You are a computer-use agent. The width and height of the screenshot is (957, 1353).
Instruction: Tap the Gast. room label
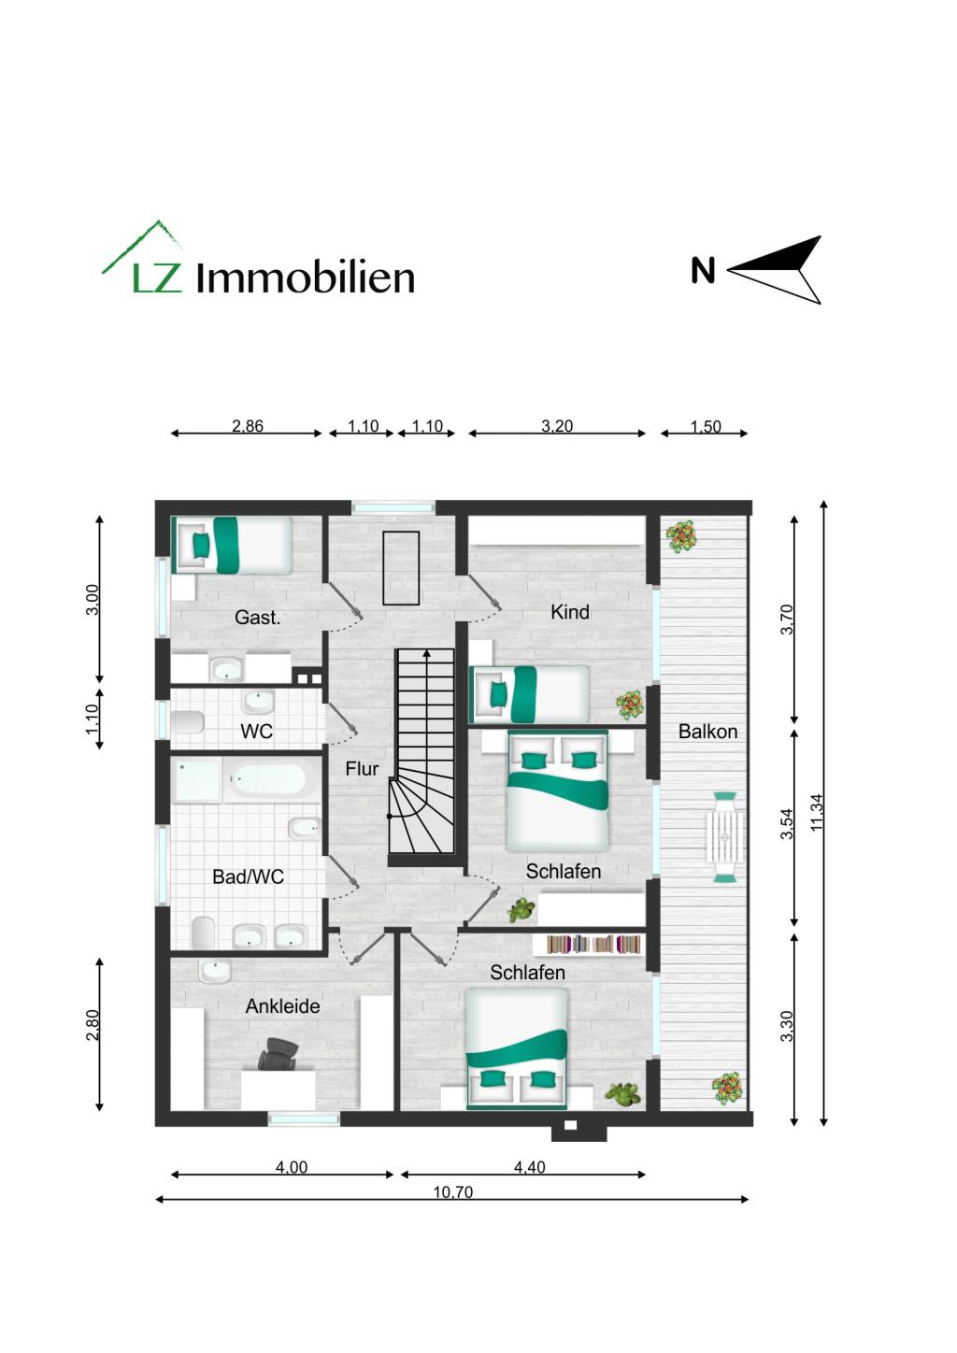click(257, 618)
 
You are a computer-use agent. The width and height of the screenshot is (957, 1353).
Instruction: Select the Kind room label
click(569, 612)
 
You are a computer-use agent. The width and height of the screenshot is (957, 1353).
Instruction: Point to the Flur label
click(362, 769)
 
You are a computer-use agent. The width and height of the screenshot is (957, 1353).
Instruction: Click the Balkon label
click(707, 732)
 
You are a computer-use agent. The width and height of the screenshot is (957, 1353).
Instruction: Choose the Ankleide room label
click(282, 1006)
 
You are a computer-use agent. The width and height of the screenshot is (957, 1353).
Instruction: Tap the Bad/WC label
click(248, 877)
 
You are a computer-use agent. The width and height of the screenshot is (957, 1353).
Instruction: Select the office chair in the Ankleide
click(279, 1055)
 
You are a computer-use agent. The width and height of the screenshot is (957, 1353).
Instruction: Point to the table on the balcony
click(725, 837)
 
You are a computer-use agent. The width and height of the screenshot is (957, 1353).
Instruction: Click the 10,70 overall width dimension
click(452, 1192)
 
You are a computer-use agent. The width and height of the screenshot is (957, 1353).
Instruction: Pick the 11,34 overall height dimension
click(817, 811)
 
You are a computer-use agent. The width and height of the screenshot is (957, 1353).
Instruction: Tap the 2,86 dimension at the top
click(248, 426)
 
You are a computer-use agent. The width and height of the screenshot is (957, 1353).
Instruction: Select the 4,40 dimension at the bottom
click(529, 1167)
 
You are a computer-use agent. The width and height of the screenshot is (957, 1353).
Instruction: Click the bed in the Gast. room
click(232, 545)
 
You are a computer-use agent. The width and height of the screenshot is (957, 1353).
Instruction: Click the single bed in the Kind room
click(529, 693)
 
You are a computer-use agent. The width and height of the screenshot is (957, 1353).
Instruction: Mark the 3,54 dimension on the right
click(787, 823)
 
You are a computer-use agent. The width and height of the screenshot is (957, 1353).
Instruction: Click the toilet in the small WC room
click(189, 722)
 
